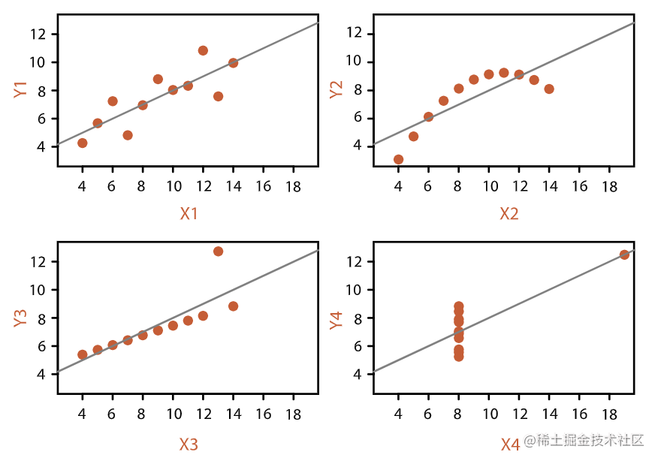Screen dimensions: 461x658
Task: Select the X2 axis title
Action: click(x=509, y=214)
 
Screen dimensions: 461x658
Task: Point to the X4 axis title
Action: click(x=510, y=445)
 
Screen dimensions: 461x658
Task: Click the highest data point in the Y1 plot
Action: click(x=203, y=50)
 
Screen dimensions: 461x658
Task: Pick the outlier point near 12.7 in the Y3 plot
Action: click(x=218, y=252)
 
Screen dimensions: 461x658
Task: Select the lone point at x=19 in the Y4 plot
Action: click(x=624, y=255)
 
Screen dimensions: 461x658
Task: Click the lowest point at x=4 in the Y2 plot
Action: click(x=398, y=159)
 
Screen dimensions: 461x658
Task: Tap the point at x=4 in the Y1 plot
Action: click(x=83, y=143)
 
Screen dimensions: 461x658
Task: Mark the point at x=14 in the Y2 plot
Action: click(x=549, y=89)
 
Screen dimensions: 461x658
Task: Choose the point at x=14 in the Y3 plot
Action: click(x=233, y=306)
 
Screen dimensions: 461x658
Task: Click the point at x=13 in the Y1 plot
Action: click(x=218, y=96)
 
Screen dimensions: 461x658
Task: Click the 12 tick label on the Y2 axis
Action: click(x=358, y=33)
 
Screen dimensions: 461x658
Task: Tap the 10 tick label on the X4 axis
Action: click(x=488, y=412)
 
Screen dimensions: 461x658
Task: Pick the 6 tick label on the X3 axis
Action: click(x=113, y=412)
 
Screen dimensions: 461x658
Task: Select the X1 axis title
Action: click(x=189, y=214)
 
